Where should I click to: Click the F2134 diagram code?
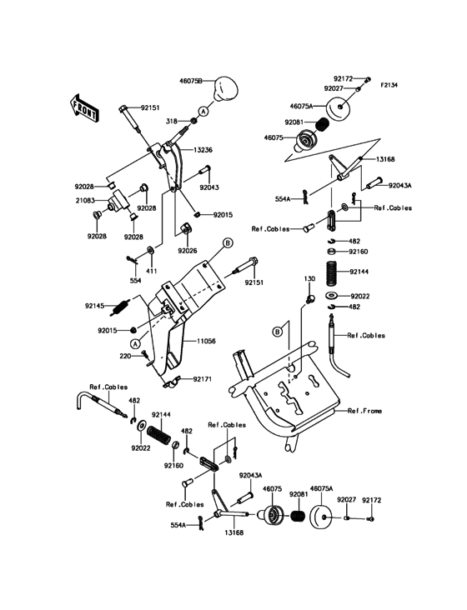click(x=391, y=84)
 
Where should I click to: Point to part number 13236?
click(x=205, y=150)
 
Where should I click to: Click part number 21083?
click(x=93, y=200)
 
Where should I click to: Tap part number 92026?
click(x=187, y=250)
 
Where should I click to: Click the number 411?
click(x=151, y=272)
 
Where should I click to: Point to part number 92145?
click(x=95, y=306)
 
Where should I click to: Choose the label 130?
click(x=309, y=278)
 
